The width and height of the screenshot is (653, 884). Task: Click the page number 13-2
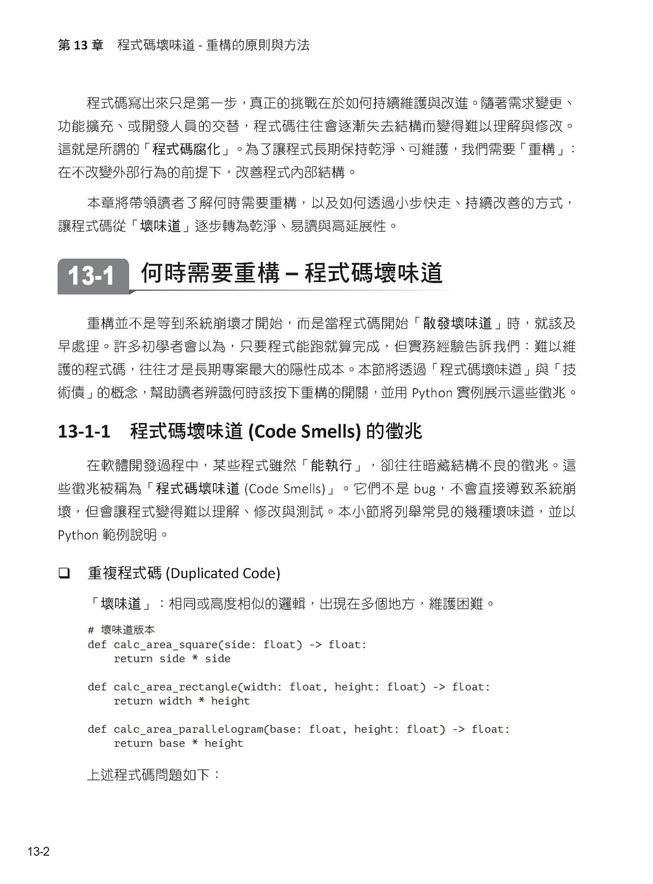[38, 851]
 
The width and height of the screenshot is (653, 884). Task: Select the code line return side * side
[172, 659]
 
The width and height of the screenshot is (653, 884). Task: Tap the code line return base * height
[178, 743]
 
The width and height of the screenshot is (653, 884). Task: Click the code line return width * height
[182, 701]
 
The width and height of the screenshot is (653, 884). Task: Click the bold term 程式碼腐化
[186, 150]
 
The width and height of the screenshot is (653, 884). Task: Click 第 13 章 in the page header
[81, 45]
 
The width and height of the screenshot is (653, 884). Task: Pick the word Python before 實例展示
[432, 393]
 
